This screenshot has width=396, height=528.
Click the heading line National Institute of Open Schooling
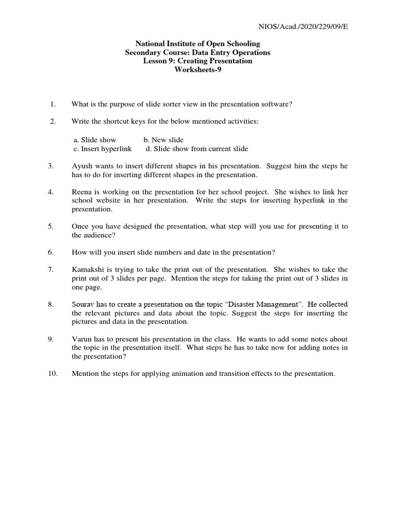(197, 44)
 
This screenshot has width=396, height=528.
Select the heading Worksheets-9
(198, 70)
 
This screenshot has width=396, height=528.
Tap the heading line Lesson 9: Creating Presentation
(197, 61)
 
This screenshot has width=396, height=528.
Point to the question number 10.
(53, 373)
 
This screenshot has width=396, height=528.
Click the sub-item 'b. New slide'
(163, 140)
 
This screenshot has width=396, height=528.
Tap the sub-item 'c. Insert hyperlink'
(102, 148)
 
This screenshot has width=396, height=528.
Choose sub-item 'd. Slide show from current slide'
(196, 148)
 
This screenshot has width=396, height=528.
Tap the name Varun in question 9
(82, 339)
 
